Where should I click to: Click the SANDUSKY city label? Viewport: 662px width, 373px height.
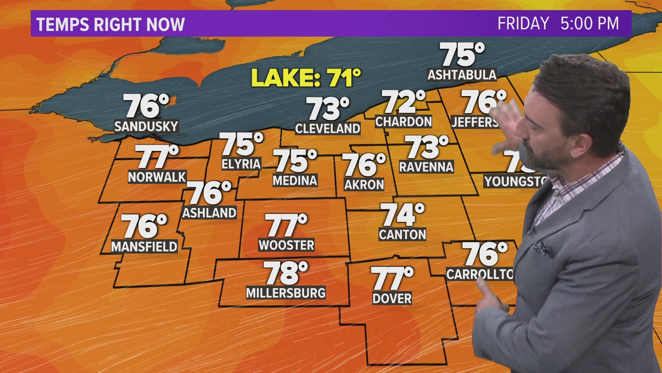click(x=146, y=126)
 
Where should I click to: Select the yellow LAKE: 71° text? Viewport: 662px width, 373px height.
click(x=306, y=78)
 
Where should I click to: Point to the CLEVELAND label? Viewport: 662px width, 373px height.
click(x=328, y=128)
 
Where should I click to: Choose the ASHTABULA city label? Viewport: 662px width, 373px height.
click(x=462, y=75)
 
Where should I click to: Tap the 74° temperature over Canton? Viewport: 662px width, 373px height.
click(x=402, y=214)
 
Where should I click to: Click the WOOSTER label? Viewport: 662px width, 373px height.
click(x=287, y=245)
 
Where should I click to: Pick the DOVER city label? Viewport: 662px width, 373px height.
click(x=392, y=298)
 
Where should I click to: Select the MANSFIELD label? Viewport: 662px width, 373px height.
click(x=144, y=247)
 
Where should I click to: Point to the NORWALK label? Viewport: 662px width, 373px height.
click(x=157, y=177)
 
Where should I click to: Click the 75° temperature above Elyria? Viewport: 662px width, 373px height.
click(x=241, y=144)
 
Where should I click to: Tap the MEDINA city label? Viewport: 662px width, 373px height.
click(x=295, y=180)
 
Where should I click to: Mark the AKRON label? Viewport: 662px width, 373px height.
click(x=364, y=185)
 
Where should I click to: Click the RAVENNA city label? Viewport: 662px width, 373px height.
click(x=426, y=167)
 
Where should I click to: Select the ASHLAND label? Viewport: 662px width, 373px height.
click(x=209, y=213)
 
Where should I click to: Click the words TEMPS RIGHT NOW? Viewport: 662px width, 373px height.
click(x=110, y=25)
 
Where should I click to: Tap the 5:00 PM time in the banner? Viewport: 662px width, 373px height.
click(x=589, y=23)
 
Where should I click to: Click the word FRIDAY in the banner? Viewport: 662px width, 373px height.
click(x=523, y=23)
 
